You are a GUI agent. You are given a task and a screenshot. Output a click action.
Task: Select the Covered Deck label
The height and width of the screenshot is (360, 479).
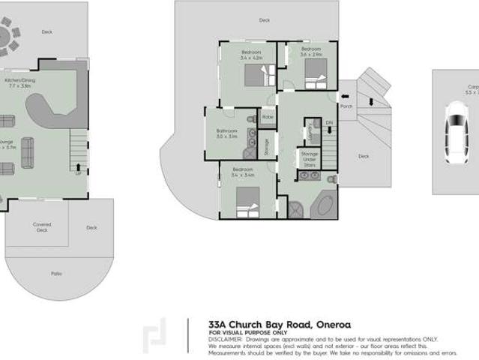coord(42,227)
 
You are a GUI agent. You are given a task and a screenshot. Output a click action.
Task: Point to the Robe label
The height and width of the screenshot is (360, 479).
coord(268,118)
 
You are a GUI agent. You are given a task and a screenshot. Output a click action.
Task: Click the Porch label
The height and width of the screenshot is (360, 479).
coord(346,106)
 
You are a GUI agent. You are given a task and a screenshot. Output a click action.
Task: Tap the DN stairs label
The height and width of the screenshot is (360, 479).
coord(328,121)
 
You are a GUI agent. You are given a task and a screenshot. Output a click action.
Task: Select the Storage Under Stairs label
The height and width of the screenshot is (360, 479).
coord(309,158)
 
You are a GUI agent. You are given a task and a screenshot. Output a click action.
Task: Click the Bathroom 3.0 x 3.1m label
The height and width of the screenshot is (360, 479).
coord(226,133)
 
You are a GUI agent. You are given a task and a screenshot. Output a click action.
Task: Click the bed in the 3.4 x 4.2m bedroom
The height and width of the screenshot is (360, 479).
coord(259,75)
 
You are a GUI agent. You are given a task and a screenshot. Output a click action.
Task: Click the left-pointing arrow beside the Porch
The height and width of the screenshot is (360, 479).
coord(343,96)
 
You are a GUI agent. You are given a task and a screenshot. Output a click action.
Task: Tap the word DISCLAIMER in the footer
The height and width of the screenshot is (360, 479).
coord(224,338)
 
